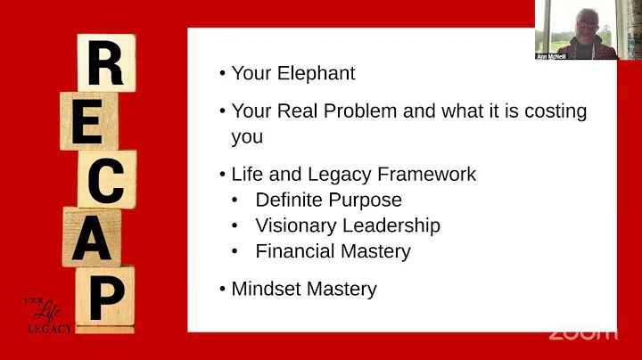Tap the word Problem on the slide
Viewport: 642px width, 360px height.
tap(361, 111)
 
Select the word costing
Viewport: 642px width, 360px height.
tap(557, 111)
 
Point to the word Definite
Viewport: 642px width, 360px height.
tap(289, 200)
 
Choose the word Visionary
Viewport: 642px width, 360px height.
tap(293, 225)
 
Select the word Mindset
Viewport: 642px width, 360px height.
tap(266, 289)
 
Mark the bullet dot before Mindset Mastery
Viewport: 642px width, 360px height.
tap(222, 290)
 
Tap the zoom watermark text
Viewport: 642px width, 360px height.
tap(581, 333)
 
